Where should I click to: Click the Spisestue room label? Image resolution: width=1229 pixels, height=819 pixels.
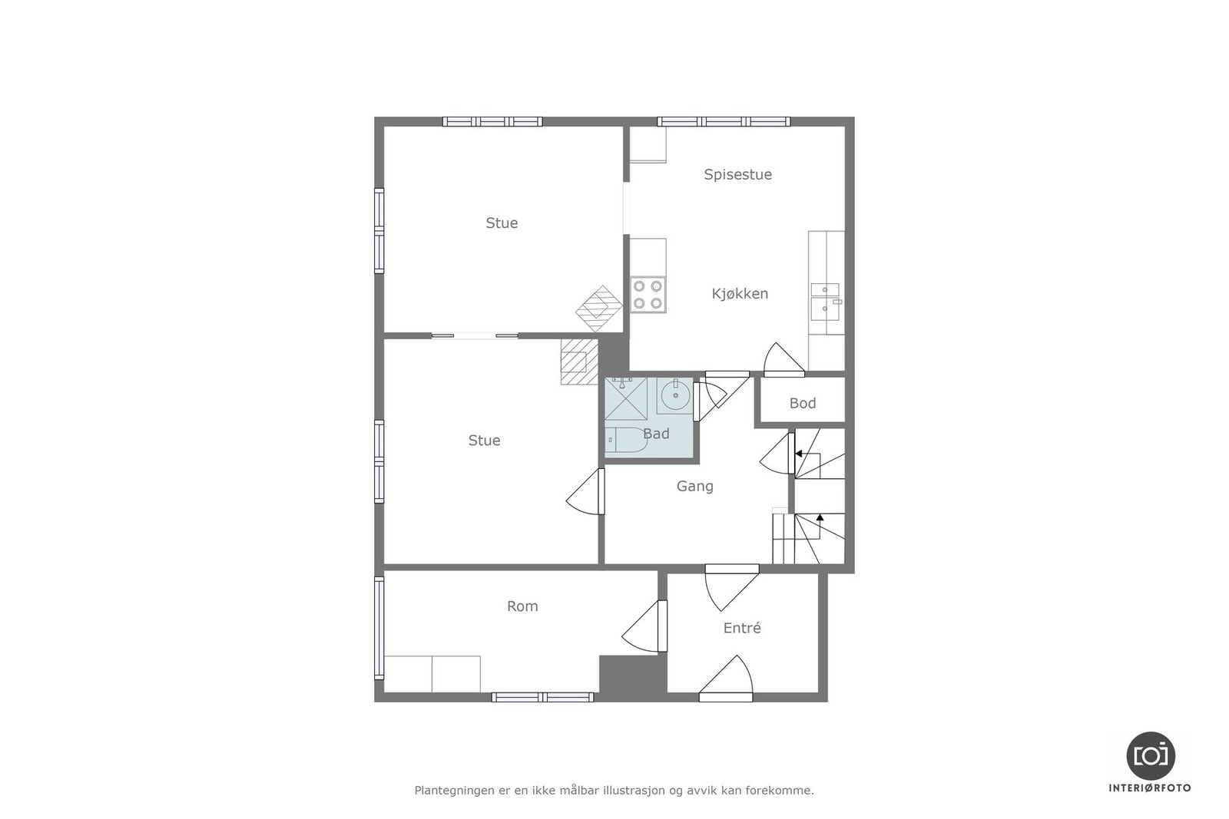pos(737,174)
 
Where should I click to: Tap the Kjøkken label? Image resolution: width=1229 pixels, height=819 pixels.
pos(740,293)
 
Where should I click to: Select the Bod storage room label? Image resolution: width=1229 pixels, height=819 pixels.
pos(803,403)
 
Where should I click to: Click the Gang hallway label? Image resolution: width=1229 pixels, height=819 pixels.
pos(694,486)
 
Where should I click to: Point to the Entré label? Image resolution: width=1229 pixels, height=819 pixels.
pos(742,628)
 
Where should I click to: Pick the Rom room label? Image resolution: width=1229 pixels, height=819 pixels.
pos(522,606)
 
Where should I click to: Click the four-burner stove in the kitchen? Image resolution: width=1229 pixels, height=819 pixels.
pos(648,295)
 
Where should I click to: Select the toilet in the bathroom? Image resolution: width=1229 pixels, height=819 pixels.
pos(627,441)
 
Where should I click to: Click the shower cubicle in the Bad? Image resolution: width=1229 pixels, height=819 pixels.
pos(625,399)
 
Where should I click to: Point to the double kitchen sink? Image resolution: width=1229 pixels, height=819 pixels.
pos(826,300)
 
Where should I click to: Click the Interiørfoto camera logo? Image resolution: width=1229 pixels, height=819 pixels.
pos(1150,755)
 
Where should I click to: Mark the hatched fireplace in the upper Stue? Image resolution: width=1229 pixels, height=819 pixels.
pos(599,308)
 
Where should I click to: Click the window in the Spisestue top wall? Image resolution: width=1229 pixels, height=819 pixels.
pos(723,121)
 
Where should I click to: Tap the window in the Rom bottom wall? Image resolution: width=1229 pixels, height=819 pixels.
pos(542,697)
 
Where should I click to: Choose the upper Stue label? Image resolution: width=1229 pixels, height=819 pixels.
pos(502,223)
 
